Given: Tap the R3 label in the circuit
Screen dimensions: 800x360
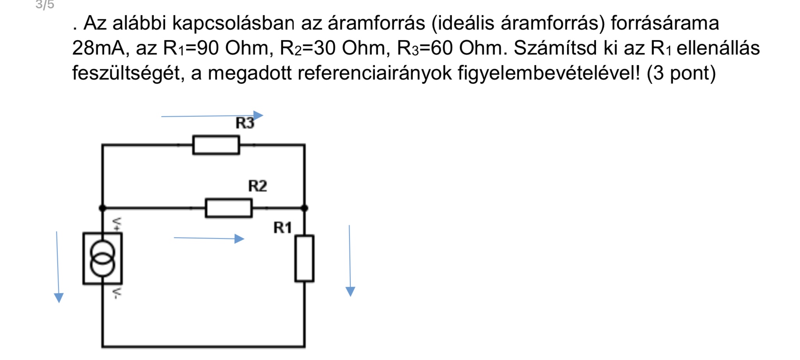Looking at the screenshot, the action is [x=245, y=123].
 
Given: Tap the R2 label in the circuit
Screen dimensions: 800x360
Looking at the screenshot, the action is [x=258, y=186].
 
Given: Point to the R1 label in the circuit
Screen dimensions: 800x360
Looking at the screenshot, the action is [x=283, y=228].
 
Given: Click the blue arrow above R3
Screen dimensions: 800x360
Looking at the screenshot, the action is [x=212, y=116].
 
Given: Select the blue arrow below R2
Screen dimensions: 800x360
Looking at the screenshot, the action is [x=209, y=238].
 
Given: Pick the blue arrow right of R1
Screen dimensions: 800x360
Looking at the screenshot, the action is [x=350, y=261].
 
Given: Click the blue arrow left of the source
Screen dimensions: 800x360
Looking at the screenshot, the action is [x=58, y=267].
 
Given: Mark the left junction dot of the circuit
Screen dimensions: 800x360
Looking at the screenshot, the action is [x=102, y=208].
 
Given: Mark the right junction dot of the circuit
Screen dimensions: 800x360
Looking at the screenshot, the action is [x=305, y=208].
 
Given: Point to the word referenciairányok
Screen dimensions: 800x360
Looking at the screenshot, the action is [x=375, y=73].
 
